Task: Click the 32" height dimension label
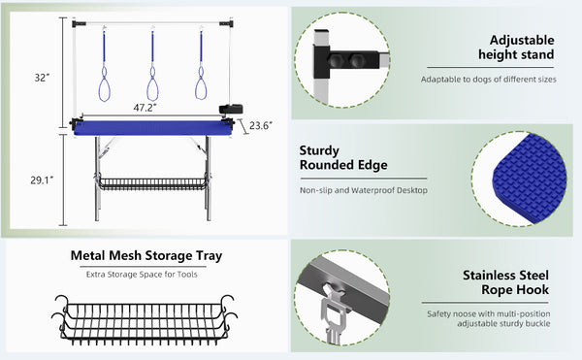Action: click(42, 78)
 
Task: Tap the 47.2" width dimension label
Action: click(145, 108)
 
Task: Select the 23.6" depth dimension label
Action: click(261, 125)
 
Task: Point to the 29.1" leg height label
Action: click(42, 180)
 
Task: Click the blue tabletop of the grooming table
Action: click(153, 128)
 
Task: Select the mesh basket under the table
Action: click(153, 184)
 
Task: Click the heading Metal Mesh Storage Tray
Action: click(146, 256)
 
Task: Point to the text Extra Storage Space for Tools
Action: click(142, 275)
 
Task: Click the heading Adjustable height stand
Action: click(516, 48)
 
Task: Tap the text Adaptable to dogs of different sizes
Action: click(489, 79)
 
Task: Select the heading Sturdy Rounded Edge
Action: click(343, 158)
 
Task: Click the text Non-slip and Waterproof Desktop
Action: click(364, 190)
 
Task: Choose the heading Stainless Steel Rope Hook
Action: click(506, 282)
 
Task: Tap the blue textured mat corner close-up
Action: click(529, 178)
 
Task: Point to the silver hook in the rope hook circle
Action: click(332, 311)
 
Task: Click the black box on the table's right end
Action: click(231, 109)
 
